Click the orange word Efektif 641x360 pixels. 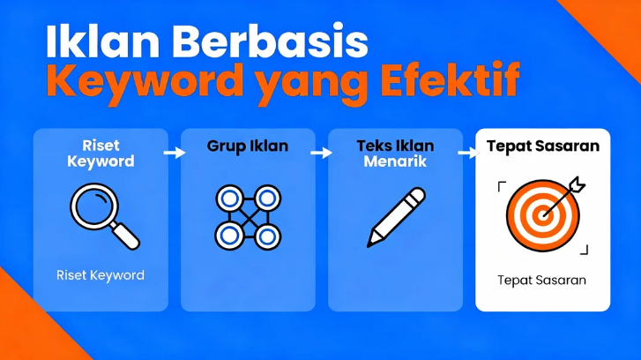click(x=450, y=82)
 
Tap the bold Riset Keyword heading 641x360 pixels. click(x=100, y=154)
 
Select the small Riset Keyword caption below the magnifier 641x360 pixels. click(x=100, y=275)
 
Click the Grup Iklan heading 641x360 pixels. click(x=248, y=146)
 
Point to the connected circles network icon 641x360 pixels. click(x=248, y=216)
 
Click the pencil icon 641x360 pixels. click(x=395, y=216)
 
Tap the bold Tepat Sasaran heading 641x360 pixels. click(x=542, y=146)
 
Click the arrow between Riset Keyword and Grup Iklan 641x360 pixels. click(x=175, y=153)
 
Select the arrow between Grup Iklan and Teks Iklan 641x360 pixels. click(x=322, y=153)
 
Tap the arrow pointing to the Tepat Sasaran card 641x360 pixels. click(x=467, y=153)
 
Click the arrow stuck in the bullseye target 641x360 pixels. click(x=565, y=191)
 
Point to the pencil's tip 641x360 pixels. click(x=371, y=242)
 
